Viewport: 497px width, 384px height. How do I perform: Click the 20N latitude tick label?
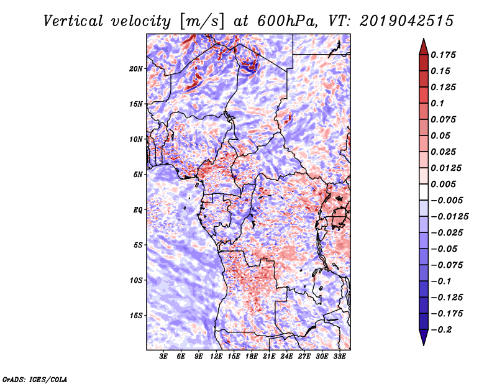[x=135, y=69]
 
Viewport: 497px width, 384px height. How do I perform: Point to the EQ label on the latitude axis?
[x=138, y=210]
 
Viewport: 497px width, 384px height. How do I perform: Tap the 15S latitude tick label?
[x=136, y=316]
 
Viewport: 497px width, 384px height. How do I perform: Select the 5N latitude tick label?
[x=138, y=175]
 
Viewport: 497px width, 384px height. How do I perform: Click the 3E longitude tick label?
[x=163, y=357]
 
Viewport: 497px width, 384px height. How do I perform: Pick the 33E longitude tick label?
[x=339, y=357]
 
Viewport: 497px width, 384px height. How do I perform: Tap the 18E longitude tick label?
[x=252, y=357]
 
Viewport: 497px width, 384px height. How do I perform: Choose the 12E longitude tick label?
[x=216, y=357]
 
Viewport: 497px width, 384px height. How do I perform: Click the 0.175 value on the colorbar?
[x=443, y=55]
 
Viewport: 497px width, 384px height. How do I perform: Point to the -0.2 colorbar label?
[x=441, y=330]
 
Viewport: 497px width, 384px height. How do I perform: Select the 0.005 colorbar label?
[x=443, y=184]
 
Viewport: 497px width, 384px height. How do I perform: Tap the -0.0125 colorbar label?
[x=449, y=217]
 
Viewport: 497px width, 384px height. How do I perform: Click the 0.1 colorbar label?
[x=437, y=103]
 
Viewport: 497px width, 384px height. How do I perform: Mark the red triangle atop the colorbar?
[x=424, y=47]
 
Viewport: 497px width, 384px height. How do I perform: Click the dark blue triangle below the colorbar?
[x=424, y=337]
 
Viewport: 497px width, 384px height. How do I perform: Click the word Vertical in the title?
[x=73, y=21]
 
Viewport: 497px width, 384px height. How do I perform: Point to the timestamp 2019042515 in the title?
[x=407, y=21]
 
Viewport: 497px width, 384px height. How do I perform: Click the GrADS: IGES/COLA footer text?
[x=35, y=379]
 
